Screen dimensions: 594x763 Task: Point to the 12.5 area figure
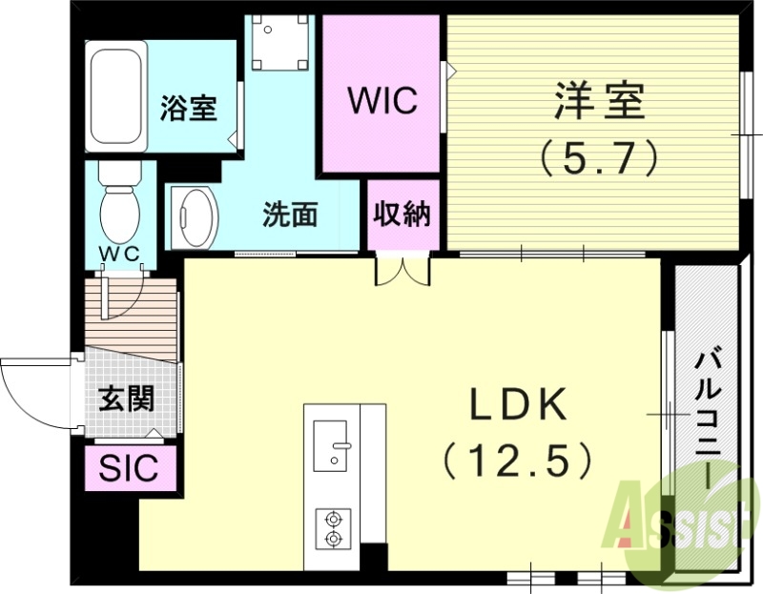pyautogui.click(x=518, y=461)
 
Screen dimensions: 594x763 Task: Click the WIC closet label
pyautogui.click(x=381, y=100)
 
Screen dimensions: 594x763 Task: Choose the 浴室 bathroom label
pyautogui.click(x=188, y=108)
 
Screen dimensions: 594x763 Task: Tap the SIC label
pyautogui.click(x=129, y=469)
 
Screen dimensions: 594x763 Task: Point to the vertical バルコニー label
pyautogui.click(x=707, y=420)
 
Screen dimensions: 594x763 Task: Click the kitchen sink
pyautogui.click(x=333, y=444)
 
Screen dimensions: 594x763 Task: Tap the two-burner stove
pyautogui.click(x=333, y=528)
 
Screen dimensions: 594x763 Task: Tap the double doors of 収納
pyautogui.click(x=402, y=270)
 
